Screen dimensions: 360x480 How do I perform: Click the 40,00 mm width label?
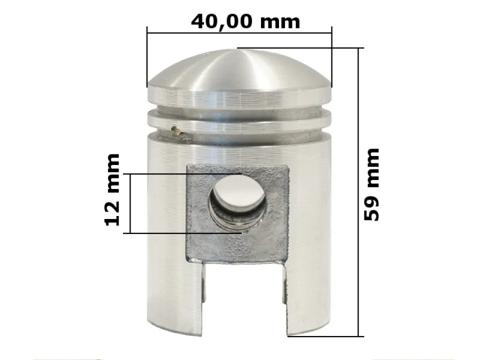click(x=245, y=21)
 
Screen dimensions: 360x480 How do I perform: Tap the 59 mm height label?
click(x=371, y=184)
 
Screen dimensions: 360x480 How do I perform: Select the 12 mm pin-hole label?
click(x=113, y=190)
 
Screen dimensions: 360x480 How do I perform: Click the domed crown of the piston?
click(x=239, y=70)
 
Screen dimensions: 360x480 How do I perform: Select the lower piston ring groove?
click(x=239, y=131)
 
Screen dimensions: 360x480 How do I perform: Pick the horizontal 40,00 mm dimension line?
click(x=239, y=33)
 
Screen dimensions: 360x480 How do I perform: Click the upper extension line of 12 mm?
click(x=185, y=174)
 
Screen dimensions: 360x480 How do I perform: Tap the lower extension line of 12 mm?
click(x=185, y=233)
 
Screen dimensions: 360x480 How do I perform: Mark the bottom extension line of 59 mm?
click(x=325, y=336)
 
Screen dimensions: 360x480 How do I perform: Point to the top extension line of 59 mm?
click(x=300, y=48)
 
